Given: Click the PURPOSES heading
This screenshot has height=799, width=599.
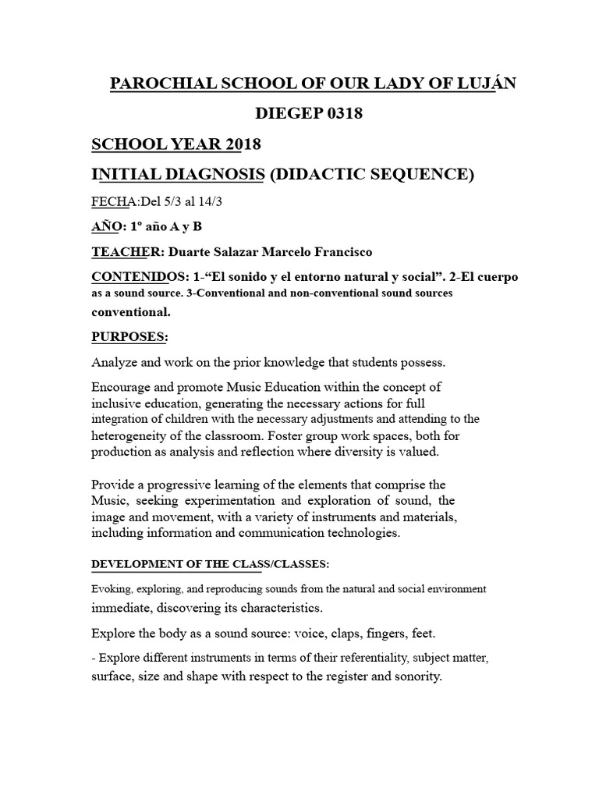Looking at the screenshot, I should pos(129,336).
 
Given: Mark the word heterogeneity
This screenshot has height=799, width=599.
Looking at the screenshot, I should pos(135,435).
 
